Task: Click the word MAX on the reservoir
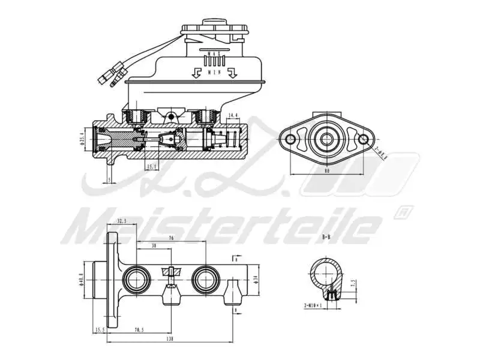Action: [x=214, y=54]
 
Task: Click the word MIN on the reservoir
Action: [x=214, y=72]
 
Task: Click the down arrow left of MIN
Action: [x=195, y=73]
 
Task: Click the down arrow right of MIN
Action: [x=233, y=73]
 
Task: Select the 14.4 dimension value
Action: [x=234, y=115]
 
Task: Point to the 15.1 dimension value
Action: [x=152, y=166]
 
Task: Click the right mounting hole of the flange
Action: [x=364, y=140]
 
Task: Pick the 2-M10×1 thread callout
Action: [x=313, y=305]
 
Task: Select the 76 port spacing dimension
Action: [x=171, y=238]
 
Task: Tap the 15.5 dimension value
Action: [x=100, y=329]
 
